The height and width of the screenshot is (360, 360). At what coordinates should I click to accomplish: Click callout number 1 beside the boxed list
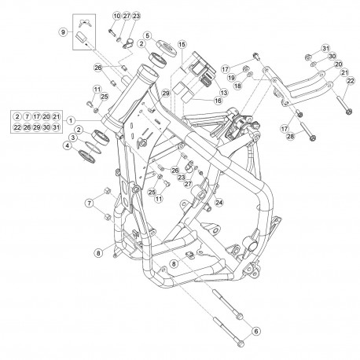tap(71, 121)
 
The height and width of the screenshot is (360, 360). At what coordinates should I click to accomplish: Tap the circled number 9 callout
tap(63, 32)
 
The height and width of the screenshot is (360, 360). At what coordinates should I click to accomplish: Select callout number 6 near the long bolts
tap(256, 331)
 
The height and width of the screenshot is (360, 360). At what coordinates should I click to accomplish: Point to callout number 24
tap(219, 202)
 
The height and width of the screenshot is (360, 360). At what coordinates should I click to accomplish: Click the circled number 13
tap(223, 92)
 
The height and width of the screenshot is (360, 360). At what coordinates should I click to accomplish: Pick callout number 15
tap(182, 45)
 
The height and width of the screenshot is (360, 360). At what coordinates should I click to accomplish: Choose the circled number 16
tap(218, 101)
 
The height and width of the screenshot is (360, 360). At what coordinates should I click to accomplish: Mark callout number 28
tap(291, 136)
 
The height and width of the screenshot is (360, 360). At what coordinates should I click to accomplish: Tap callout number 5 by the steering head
tap(148, 35)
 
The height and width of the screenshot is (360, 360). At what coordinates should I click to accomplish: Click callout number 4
tap(68, 146)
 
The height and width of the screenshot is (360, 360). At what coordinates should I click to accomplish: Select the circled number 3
tap(73, 138)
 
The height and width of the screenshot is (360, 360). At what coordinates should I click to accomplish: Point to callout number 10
tap(117, 16)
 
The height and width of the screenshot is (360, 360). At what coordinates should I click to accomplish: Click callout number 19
tap(231, 78)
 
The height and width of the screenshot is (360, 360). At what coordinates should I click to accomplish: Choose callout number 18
tap(238, 86)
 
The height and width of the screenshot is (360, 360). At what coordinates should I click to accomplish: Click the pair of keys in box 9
tap(84, 24)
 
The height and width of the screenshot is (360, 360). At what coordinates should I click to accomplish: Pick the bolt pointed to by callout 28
tap(308, 131)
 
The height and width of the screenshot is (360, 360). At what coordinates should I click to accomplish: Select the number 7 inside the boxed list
tap(27, 116)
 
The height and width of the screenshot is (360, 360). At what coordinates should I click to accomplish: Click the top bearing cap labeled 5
tap(167, 48)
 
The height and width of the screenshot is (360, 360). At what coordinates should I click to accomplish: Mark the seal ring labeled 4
tap(86, 155)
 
